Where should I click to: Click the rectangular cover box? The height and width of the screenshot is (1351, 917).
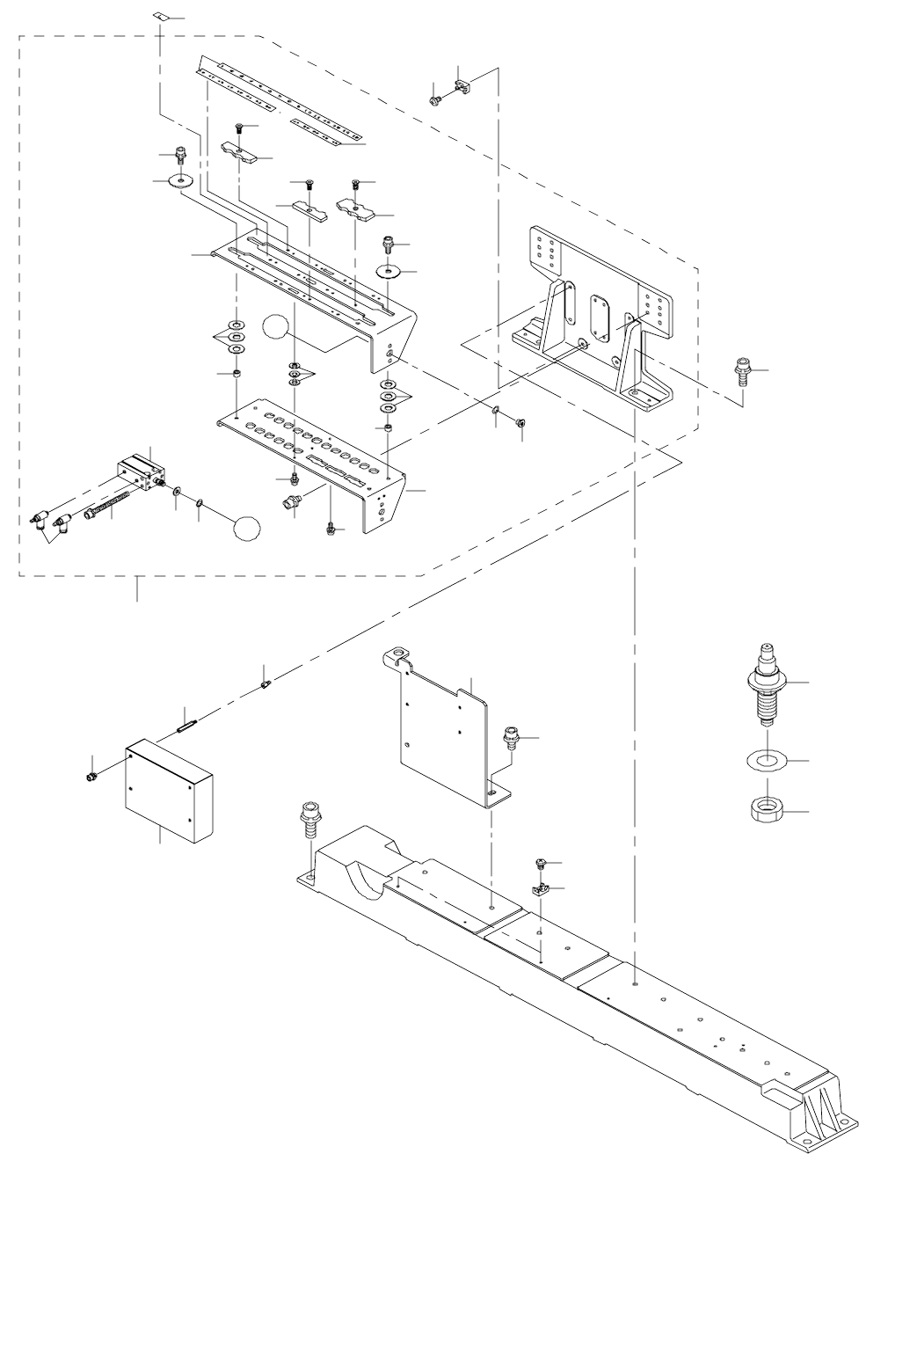click(168, 789)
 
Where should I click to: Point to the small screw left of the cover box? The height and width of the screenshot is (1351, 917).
click(91, 777)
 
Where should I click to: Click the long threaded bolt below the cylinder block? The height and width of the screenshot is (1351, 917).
click(109, 506)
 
